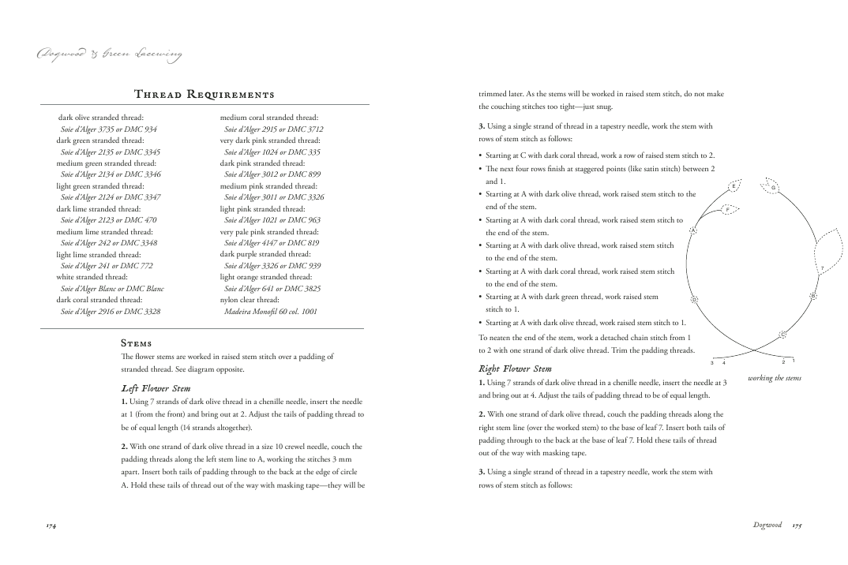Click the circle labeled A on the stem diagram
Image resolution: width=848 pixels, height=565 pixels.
692,230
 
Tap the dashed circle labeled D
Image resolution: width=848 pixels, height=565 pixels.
694,300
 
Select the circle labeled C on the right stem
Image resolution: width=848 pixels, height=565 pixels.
782,335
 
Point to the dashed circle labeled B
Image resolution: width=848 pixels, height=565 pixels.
812,296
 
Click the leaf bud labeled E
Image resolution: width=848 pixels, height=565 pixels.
734,186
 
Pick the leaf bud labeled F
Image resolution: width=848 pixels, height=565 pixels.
727,209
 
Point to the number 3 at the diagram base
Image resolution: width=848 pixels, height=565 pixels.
712,362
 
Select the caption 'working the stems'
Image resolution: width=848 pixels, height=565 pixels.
775,378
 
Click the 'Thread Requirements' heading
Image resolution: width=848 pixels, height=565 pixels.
204,95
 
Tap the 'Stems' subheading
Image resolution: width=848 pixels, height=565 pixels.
136,343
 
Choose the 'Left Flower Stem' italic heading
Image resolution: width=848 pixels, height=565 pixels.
156,387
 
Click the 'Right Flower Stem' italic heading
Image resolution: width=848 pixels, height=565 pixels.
515,369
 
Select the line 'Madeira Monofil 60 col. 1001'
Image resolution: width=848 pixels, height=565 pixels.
271,312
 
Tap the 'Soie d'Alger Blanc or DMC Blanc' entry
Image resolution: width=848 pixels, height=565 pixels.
112,289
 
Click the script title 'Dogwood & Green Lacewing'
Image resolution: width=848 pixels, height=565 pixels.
109,54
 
